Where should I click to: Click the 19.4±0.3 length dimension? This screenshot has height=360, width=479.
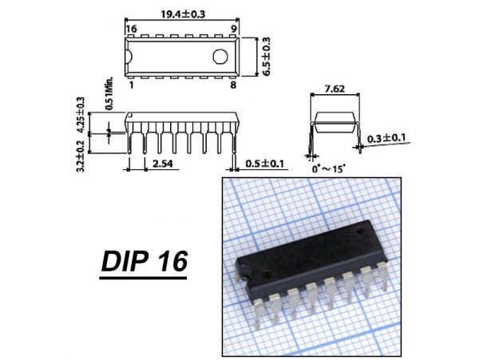click(183, 14)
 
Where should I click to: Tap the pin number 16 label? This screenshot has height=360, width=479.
click(132, 29)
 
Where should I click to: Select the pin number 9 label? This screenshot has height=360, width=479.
click(234, 29)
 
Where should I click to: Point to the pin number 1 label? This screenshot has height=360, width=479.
click(132, 85)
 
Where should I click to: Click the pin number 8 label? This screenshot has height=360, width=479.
click(233, 85)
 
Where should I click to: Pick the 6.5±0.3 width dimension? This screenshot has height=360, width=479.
click(267, 57)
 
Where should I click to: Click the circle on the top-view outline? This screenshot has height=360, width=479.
click(220, 57)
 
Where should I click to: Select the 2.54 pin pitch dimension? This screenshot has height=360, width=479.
click(162, 164)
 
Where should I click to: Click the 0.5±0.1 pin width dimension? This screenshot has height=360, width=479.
click(264, 164)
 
